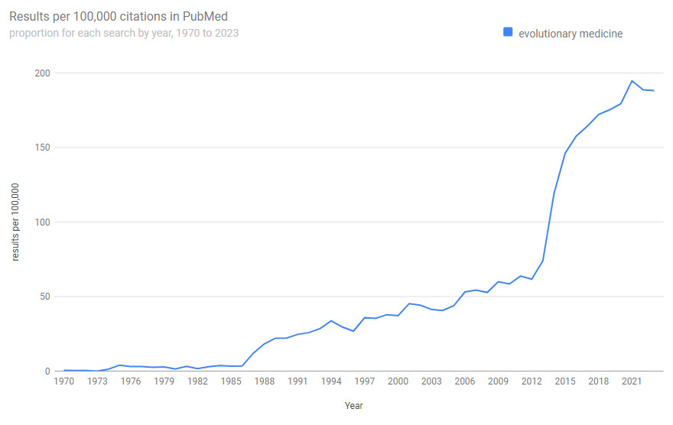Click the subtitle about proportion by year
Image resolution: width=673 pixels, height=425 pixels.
coord(124,33)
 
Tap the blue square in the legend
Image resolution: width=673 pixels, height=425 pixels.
coord(507,32)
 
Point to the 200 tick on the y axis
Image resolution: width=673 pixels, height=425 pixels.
coord(41,73)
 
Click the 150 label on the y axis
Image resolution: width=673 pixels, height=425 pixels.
coord(41,148)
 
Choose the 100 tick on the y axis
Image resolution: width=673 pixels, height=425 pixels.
coord(41,222)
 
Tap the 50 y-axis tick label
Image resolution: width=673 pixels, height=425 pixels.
coord(44,297)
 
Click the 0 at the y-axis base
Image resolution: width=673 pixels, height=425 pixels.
coord(47,371)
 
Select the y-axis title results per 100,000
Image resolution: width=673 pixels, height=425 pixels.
coord(15,222)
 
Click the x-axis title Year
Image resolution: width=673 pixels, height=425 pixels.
coord(354,406)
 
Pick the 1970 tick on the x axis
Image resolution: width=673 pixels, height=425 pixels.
coord(63,381)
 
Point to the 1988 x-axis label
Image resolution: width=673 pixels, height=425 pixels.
coord(265,381)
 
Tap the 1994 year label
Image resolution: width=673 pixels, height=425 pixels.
coord(331,381)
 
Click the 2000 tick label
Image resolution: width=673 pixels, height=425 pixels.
coord(398,381)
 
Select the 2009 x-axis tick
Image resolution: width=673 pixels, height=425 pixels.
coord(499,381)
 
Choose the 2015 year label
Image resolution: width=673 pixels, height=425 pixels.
coord(565,381)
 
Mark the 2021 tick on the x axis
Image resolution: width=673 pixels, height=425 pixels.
coord(632,381)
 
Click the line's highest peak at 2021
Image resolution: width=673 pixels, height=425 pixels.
coord(632,81)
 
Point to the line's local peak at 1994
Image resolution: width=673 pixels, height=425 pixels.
coord(331,321)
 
